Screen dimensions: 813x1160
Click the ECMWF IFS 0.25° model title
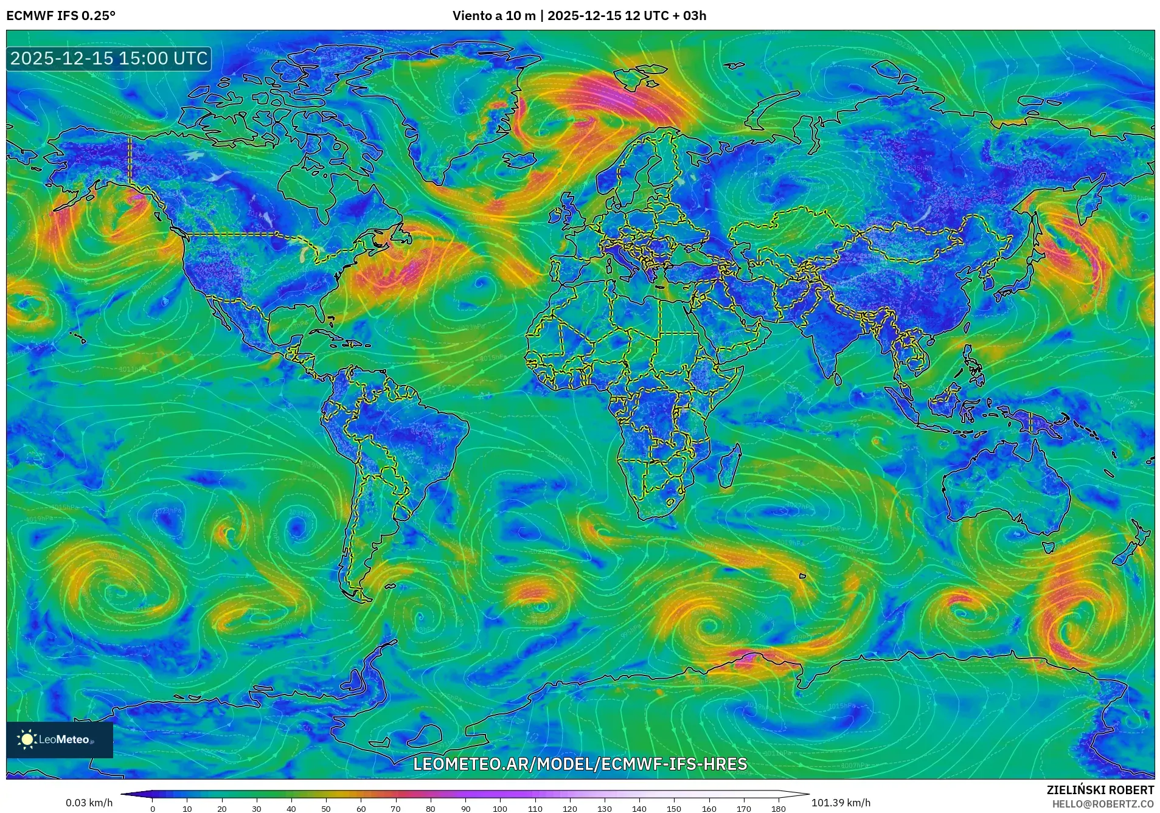tap(61, 16)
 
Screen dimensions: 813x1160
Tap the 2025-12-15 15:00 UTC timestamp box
tap(109, 58)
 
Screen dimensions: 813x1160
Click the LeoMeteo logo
tap(59, 739)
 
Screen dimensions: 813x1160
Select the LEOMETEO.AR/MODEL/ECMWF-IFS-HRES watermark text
tap(580, 764)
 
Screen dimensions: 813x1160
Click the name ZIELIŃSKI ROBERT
tap(1100, 790)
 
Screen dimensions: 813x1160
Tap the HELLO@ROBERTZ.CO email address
tap(1103, 804)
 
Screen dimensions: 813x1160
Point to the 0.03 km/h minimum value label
tap(89, 803)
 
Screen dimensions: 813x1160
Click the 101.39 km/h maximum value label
tap(841, 803)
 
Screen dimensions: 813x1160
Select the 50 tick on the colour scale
tap(326, 809)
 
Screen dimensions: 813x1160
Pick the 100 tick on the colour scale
tap(500, 809)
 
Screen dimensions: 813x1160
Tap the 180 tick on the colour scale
tap(778, 809)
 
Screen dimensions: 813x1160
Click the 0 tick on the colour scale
tap(153, 809)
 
